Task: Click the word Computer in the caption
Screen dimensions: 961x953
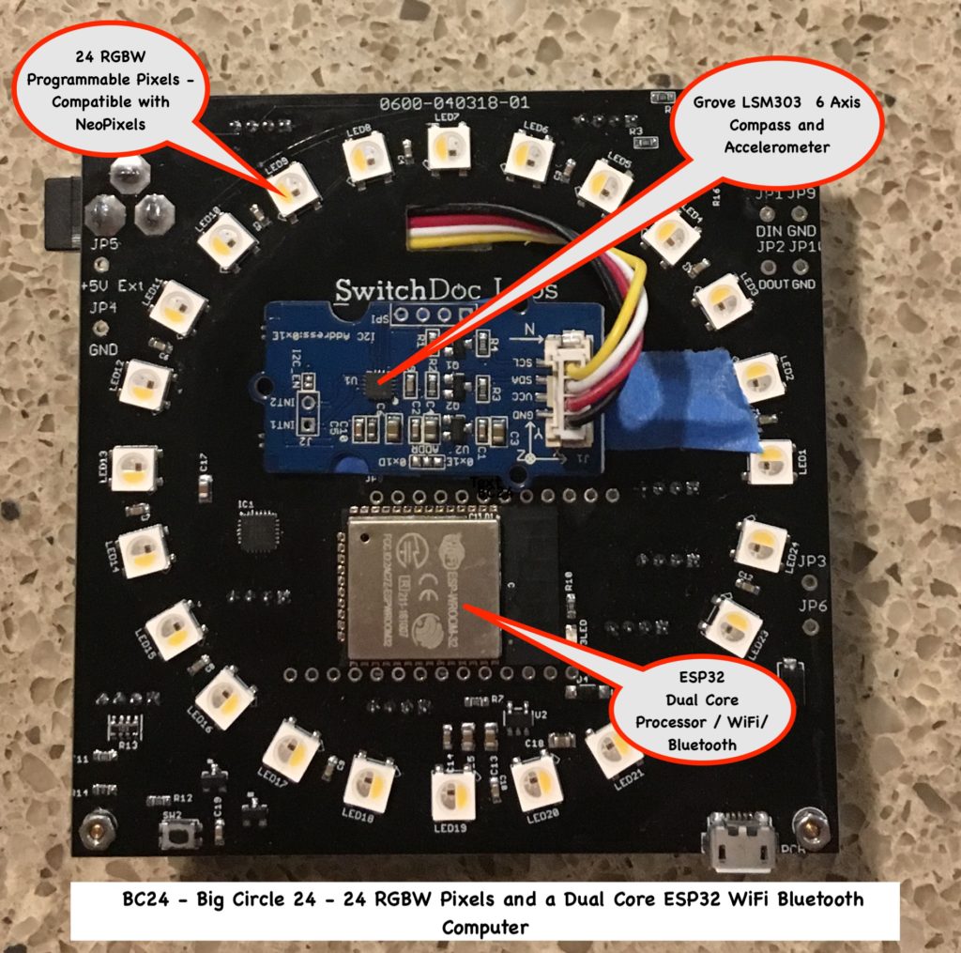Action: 485,926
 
